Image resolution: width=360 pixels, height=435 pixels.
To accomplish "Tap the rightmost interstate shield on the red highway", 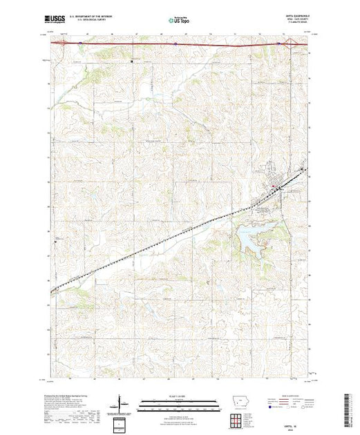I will point(278,42).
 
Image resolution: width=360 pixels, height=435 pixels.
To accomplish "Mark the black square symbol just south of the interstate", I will point(133,61).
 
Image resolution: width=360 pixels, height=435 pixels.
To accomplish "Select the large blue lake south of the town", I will point(249,238).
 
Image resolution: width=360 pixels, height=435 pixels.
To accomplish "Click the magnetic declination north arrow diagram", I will point(122,403).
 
